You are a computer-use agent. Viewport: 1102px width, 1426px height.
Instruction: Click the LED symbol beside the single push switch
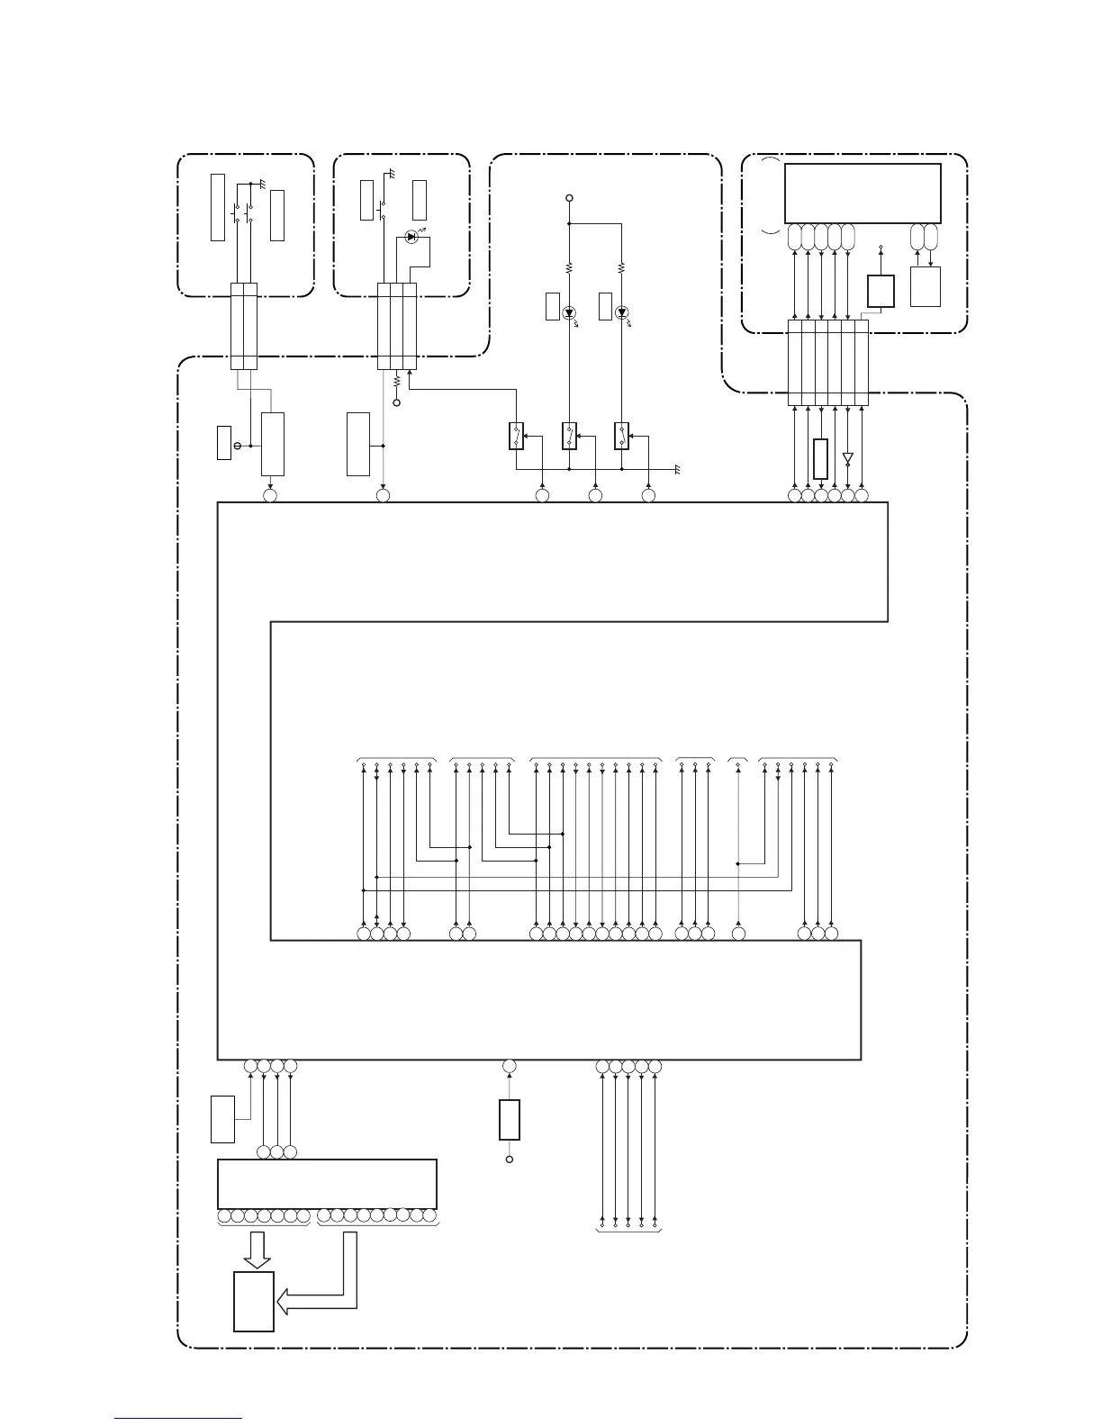(411, 237)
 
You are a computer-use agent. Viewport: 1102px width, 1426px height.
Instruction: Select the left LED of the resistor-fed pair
(569, 313)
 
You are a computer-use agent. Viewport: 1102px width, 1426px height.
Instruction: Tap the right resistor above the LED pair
(621, 267)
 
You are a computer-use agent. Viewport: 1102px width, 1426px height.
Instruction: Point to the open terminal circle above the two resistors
(569, 197)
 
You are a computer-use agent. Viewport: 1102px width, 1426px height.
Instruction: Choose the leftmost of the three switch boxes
(516, 436)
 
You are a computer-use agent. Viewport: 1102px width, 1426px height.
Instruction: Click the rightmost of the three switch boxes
(621, 436)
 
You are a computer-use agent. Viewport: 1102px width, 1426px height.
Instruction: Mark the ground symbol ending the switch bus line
(677, 470)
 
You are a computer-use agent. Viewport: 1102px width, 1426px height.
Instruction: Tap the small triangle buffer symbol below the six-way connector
(847, 458)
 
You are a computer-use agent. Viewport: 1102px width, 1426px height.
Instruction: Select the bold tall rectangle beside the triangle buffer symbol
(820, 458)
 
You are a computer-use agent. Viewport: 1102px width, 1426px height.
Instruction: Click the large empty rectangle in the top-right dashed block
(863, 193)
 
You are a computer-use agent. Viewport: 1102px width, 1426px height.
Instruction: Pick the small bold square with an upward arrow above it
(881, 291)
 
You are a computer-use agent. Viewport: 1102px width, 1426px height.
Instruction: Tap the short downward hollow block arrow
(258, 1249)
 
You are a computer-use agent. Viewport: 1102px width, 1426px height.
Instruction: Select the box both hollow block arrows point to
(254, 1301)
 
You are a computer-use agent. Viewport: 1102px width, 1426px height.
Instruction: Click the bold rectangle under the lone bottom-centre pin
(510, 1119)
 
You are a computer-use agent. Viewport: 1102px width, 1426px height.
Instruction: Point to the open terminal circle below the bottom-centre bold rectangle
(510, 1160)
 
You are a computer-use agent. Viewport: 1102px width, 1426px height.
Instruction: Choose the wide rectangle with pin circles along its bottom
(327, 1184)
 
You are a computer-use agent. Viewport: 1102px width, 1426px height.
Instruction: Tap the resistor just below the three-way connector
(396, 382)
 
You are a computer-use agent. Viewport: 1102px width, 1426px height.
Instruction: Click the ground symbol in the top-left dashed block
(261, 183)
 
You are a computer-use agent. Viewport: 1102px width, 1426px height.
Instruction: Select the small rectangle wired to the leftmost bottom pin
(221, 1119)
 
